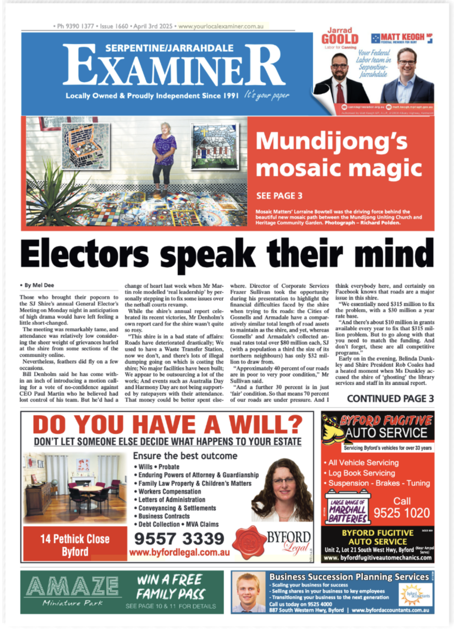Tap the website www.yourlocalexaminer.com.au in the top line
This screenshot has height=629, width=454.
220,26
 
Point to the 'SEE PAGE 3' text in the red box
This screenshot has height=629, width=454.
279,196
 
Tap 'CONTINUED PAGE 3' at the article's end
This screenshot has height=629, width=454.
390,398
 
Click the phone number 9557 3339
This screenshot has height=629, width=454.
179,539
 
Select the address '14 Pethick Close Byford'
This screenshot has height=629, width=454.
75,545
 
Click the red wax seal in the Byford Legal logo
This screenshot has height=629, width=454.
249,542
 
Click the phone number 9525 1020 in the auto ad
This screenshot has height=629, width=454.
402,513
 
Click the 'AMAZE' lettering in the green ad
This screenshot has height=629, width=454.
72,585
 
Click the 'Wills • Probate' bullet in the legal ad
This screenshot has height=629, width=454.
159,467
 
